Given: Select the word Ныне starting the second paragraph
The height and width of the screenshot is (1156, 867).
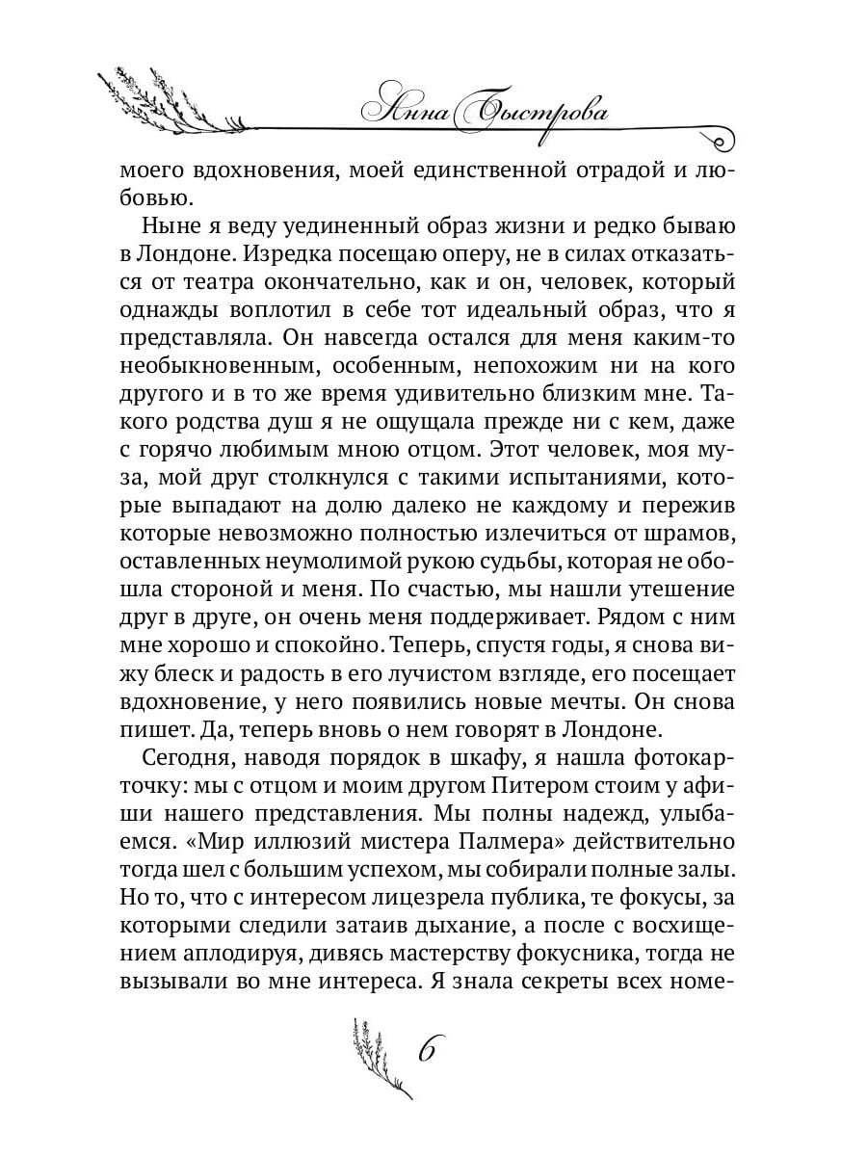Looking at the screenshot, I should click(173, 228).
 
